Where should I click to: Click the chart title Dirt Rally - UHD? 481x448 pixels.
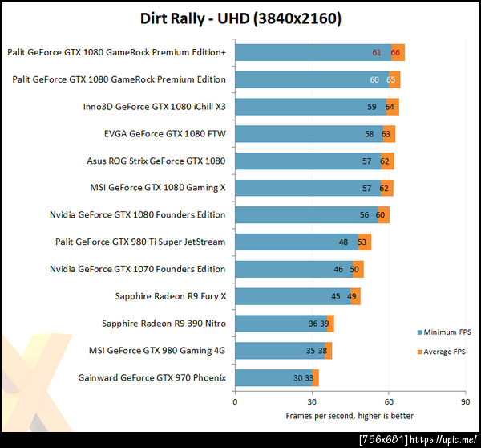240,18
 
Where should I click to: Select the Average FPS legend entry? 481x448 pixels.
443,351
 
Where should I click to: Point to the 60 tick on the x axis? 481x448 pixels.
388,401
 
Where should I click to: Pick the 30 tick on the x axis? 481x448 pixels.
311,401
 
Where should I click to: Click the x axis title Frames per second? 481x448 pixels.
350,415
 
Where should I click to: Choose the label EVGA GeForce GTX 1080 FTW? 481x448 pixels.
164,133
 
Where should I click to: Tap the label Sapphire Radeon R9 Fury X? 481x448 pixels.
171,296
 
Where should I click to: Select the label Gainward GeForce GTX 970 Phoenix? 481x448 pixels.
152,377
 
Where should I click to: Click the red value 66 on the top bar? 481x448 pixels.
395,52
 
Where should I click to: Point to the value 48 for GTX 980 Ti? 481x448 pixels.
343,242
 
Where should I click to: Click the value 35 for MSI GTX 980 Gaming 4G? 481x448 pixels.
310,351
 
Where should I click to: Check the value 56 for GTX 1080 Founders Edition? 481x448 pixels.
364,214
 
